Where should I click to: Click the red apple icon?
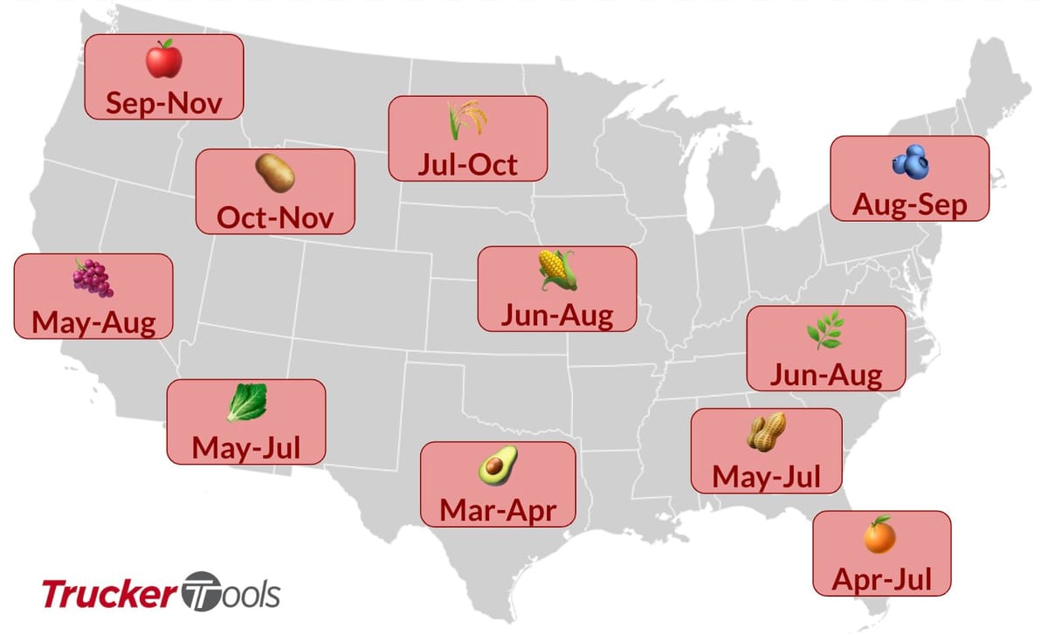[x=163, y=60]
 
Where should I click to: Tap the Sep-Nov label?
[x=163, y=103]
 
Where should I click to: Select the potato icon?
[x=274, y=174]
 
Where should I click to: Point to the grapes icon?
[x=93, y=278]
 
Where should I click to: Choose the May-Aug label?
[x=93, y=323]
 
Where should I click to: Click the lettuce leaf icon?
[x=245, y=404]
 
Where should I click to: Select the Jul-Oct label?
[x=467, y=164]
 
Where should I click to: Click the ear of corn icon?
[x=557, y=271]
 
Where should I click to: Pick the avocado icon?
[x=497, y=466]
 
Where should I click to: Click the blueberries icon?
[x=909, y=161]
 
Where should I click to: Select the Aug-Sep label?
[x=909, y=205]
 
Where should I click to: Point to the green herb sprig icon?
[x=824, y=331]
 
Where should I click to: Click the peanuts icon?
[x=766, y=432]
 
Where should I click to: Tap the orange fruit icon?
[x=879, y=535]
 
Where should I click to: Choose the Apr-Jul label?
[x=881, y=578]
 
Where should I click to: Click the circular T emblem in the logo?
[x=202, y=593]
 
